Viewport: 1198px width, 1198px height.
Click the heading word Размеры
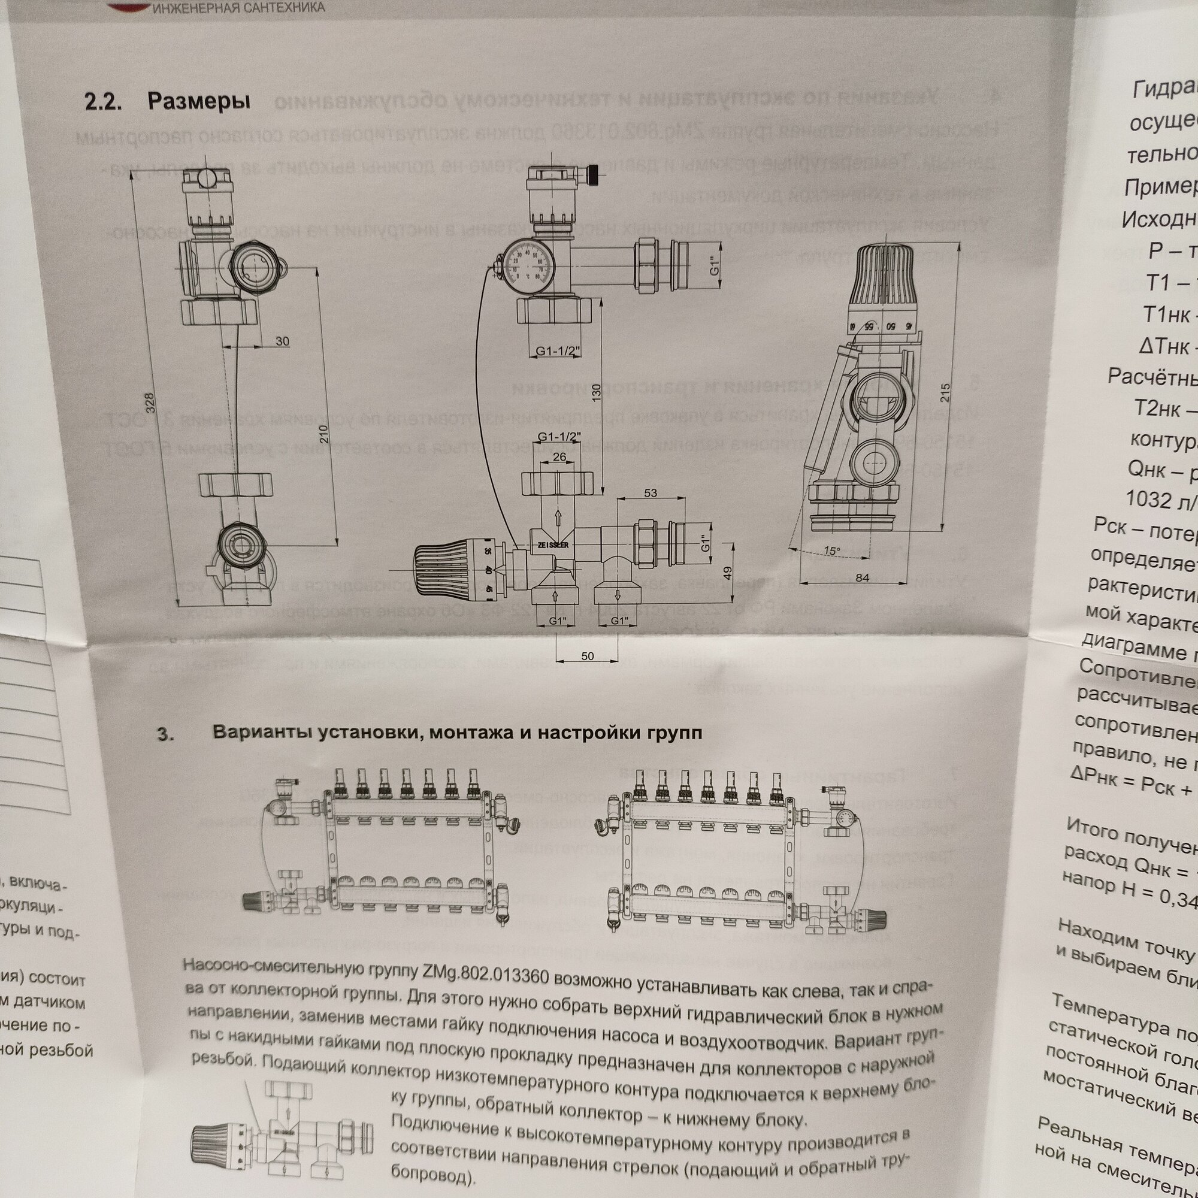198,102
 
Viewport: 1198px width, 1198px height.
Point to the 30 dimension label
282,341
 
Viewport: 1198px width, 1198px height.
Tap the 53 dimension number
651,493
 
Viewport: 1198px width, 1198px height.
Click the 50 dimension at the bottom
587,656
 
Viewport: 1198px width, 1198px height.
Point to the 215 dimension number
945,393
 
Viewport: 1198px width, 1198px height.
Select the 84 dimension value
863,578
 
